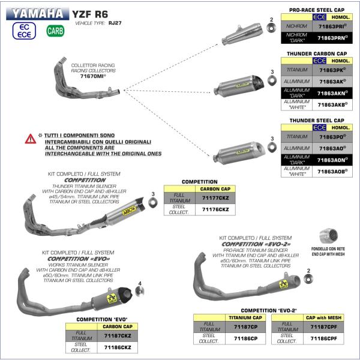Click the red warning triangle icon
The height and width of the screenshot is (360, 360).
pos(29,139)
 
